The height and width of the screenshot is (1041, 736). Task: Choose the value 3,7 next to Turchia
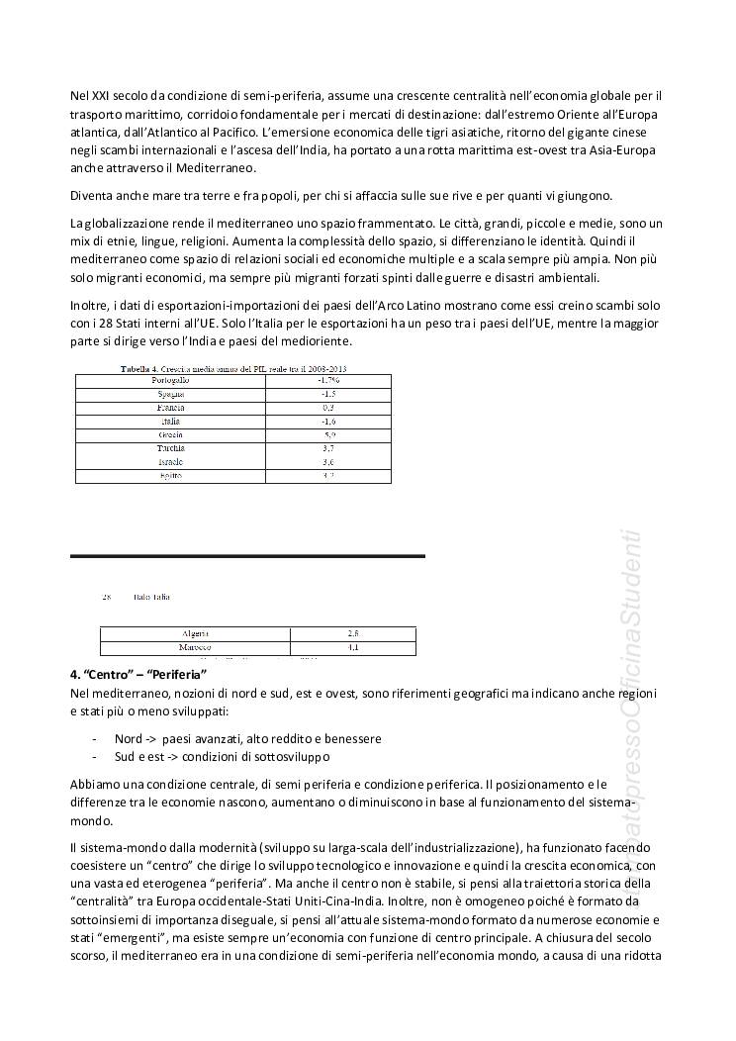point(327,448)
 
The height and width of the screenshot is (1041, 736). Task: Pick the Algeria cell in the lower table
point(196,633)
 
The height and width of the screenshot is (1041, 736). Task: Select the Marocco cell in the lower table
point(196,647)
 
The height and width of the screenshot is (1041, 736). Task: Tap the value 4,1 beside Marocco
point(353,647)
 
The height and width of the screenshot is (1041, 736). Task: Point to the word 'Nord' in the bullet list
point(128,738)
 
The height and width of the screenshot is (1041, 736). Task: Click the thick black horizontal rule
point(247,556)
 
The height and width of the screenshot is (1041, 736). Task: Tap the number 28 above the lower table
point(107,598)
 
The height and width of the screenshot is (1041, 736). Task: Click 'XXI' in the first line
point(101,96)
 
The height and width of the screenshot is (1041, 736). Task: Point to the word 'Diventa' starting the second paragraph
point(92,195)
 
